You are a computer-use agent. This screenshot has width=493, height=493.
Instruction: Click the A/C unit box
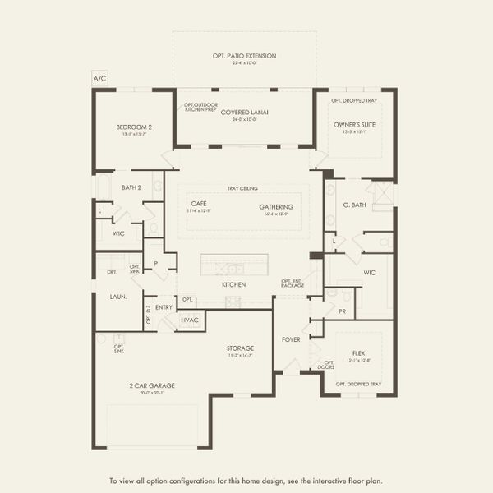(99, 79)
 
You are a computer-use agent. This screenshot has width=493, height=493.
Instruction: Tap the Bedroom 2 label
(133, 127)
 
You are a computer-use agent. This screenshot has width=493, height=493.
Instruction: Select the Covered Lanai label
(244, 113)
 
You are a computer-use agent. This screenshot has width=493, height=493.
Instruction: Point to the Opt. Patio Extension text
(244, 56)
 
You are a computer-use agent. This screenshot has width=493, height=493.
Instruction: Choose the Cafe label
(199, 203)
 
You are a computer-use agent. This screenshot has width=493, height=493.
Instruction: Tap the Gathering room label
(276, 207)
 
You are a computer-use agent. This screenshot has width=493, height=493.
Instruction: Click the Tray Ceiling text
(243, 187)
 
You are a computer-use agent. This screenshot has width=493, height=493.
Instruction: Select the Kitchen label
(234, 284)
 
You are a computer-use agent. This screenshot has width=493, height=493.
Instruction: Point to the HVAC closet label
(190, 320)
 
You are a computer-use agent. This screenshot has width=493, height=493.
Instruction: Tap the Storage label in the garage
(240, 348)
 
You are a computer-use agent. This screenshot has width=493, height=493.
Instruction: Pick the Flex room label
(358, 352)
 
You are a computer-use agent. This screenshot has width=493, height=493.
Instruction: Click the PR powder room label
(341, 313)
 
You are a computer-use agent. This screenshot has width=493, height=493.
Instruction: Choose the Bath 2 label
(131, 188)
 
